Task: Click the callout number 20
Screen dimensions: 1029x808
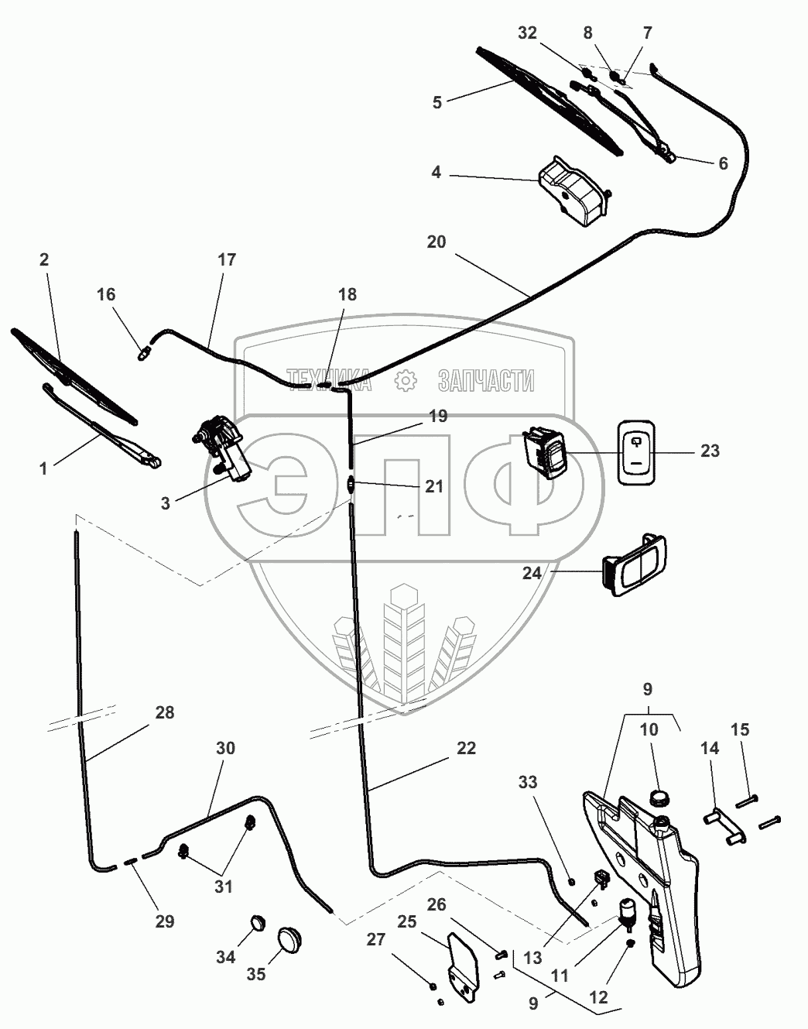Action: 437,242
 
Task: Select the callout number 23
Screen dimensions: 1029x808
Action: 710,451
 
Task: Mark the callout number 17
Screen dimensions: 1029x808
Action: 226,259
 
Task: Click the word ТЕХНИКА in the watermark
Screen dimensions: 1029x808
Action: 328,379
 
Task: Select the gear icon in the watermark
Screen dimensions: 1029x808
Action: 405,380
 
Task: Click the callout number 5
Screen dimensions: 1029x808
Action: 437,102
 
